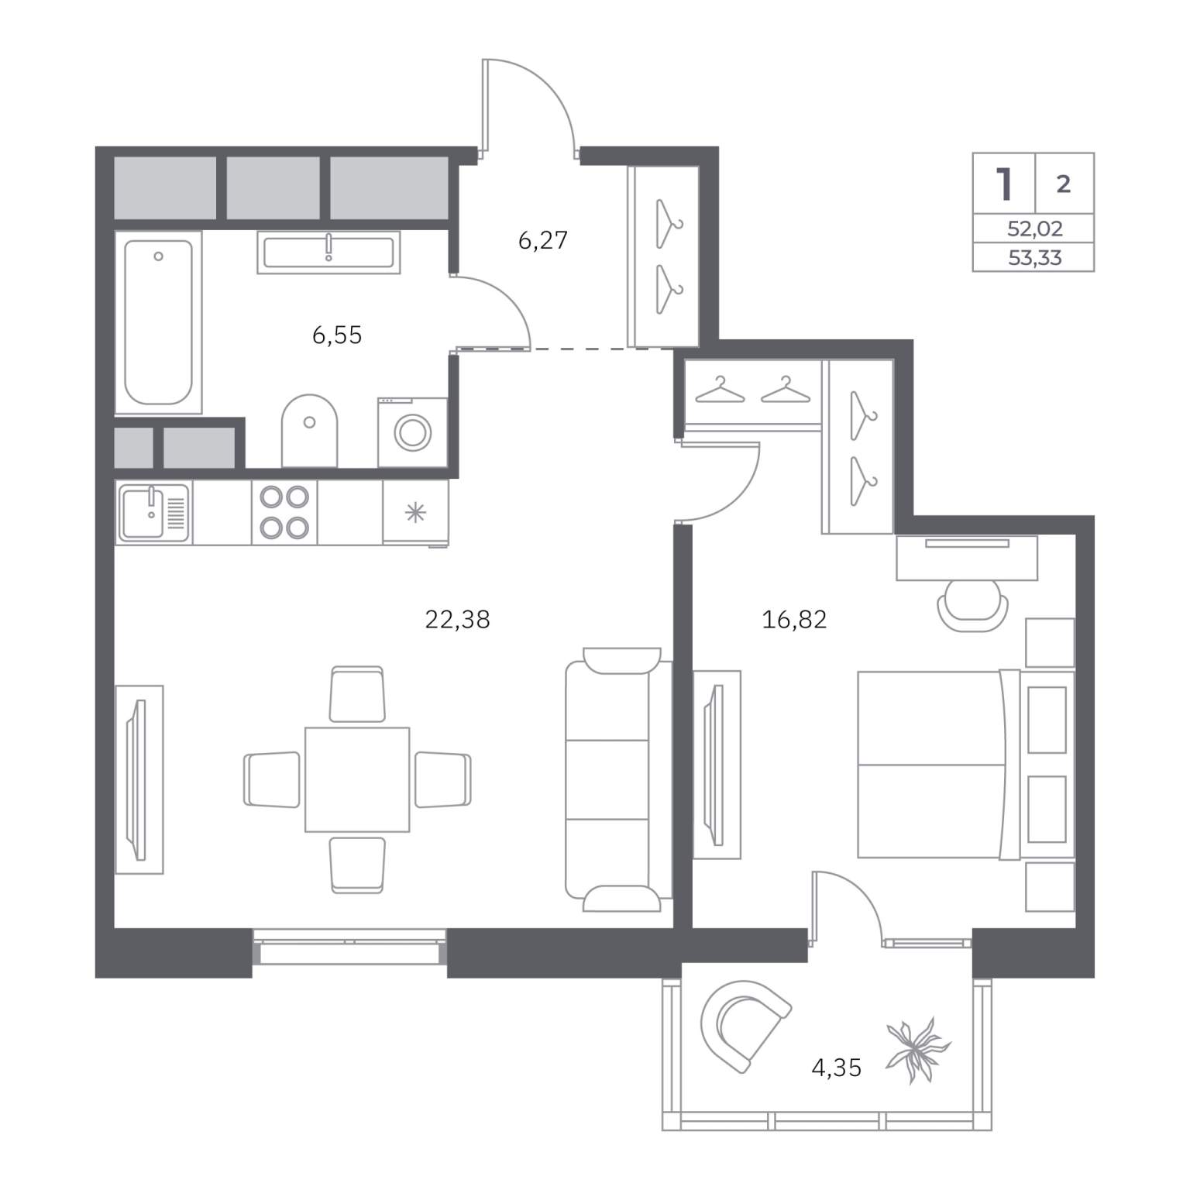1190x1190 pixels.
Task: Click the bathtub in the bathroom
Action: coord(159,322)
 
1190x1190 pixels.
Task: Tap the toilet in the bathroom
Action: coord(309,431)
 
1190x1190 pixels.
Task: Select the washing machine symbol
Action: coord(413,432)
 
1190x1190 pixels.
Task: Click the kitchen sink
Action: coord(153,512)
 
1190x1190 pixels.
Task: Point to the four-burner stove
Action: coord(284,511)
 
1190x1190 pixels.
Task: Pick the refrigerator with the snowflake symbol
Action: coord(416,512)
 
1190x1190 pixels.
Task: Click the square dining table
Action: coord(357,779)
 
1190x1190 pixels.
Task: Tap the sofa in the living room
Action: coord(617,779)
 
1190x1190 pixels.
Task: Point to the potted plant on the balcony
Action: coord(919,1050)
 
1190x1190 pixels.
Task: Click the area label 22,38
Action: coord(458,620)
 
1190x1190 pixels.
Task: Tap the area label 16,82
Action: coord(795,620)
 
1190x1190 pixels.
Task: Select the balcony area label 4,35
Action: coord(836,1068)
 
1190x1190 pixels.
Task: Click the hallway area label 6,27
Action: coord(543,240)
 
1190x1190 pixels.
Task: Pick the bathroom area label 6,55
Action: coord(337,335)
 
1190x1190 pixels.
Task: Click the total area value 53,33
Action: coord(1035,258)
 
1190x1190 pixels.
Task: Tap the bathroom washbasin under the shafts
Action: coord(329,252)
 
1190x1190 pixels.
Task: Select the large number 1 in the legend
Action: coord(1005,184)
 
